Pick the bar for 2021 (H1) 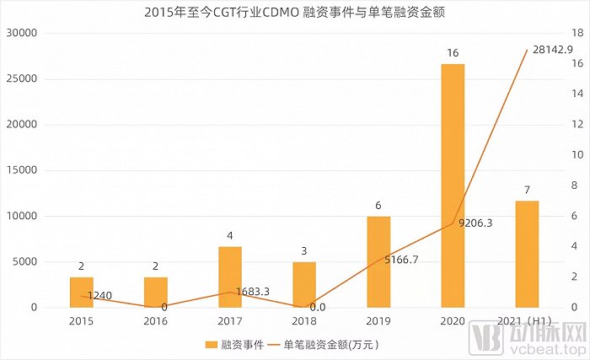pos(527,254)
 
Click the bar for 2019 pos(378,261)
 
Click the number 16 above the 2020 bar pos(453,52)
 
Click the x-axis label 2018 pos(304,321)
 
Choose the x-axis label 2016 pos(155,321)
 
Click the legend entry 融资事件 pos(234,344)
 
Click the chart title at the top pos(295,11)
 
